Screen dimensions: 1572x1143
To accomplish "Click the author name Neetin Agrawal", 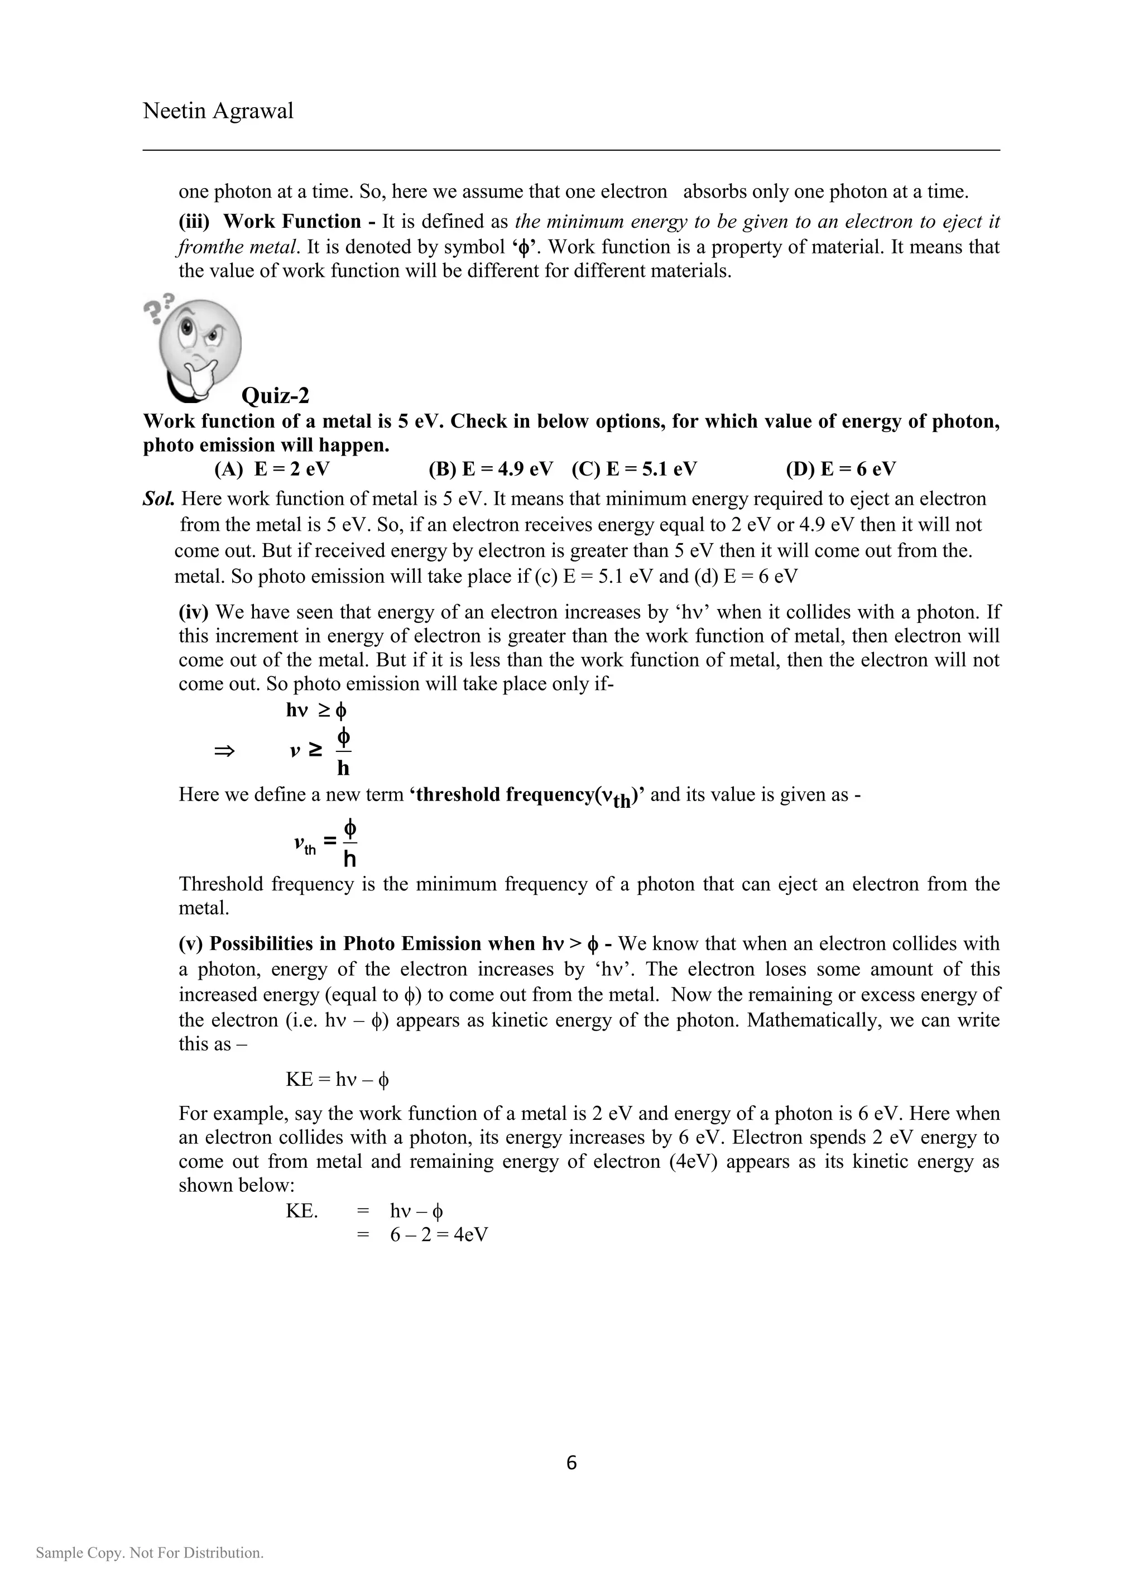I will (x=218, y=111).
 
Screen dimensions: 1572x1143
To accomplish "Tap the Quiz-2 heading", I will (x=275, y=396).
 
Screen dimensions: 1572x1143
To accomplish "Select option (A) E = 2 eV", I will (x=272, y=469).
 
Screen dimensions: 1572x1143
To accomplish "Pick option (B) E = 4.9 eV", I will (x=491, y=469).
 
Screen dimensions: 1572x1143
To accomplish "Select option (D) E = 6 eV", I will (x=841, y=469).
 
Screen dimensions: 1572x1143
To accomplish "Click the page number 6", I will (x=571, y=1463).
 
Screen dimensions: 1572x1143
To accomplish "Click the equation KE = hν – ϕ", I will (x=338, y=1079).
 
